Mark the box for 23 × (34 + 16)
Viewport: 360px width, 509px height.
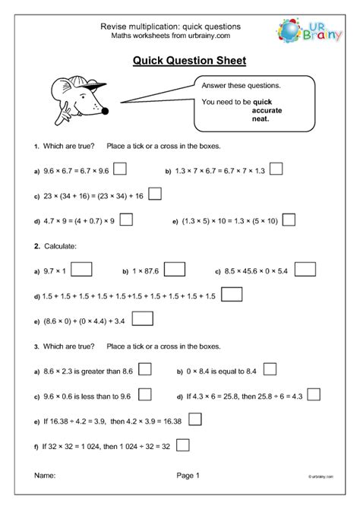155,194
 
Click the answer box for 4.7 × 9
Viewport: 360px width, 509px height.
127,220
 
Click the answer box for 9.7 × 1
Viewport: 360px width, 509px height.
82,269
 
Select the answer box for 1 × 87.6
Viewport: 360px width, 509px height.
175,269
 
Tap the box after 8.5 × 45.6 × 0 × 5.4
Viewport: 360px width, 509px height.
305,269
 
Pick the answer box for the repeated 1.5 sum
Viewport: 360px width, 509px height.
233,294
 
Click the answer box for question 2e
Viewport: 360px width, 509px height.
142,319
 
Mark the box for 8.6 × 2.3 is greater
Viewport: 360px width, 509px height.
144,369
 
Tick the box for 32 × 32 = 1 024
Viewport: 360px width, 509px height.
182,444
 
